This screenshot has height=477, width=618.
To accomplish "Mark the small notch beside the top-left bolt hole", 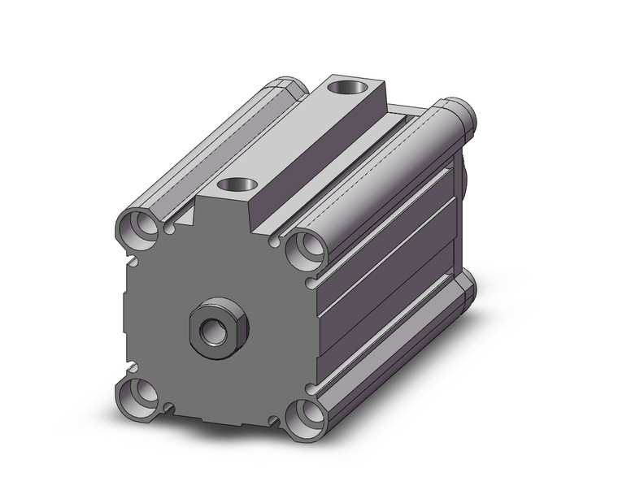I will (169, 229).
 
